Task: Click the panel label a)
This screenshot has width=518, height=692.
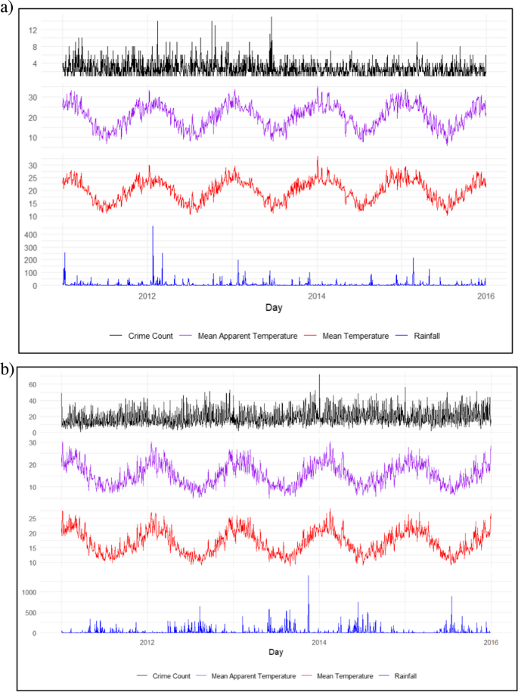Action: [x=8, y=10]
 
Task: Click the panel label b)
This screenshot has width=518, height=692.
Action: [x=8, y=370]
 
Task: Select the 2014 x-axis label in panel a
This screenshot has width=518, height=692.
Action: [x=317, y=296]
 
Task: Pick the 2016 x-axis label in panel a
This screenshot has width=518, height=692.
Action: [x=486, y=296]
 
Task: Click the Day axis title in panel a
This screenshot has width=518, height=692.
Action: [x=275, y=309]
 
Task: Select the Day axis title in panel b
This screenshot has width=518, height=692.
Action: [x=275, y=652]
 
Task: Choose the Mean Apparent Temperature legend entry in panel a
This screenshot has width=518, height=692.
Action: [x=247, y=335]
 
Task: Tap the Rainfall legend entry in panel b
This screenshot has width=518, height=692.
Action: [x=405, y=675]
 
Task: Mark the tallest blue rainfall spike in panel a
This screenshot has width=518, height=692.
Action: [x=153, y=227]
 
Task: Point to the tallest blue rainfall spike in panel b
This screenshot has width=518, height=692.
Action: [x=309, y=576]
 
